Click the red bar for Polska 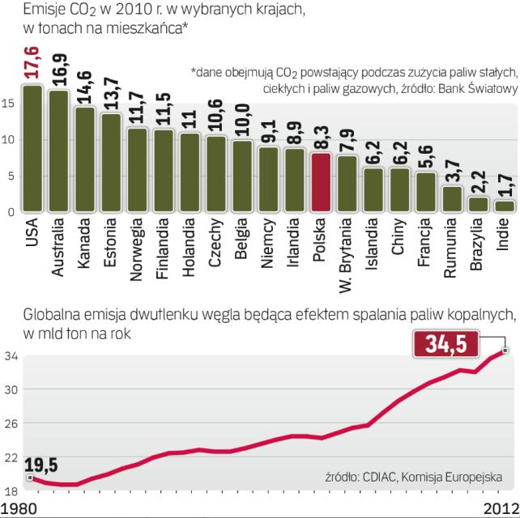pyautogui.click(x=321, y=182)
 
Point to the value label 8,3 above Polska pyautogui.click(x=321, y=134)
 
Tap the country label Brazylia pyautogui.click(x=478, y=248)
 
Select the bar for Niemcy pyautogui.click(x=268, y=179)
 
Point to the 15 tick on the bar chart pyautogui.click(x=7, y=104)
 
